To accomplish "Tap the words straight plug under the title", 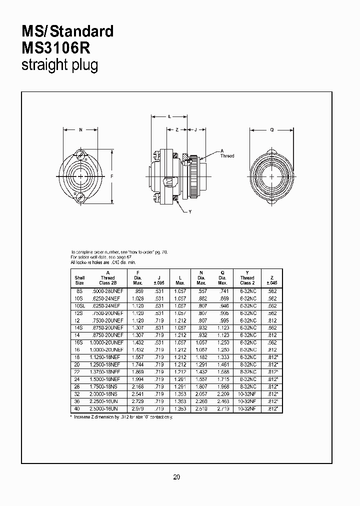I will pyautogui.click(x=59, y=65).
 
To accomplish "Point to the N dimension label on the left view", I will pyautogui.click(x=81, y=130).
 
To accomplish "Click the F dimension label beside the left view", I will pyautogui.click(x=111, y=176).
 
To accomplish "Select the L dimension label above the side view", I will pyautogui.click(x=169, y=116).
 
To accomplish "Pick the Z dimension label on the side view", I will pyautogui.click(x=177, y=130).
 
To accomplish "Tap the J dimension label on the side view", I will pyautogui.click(x=195, y=130).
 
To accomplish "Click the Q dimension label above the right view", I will pyautogui.click(x=271, y=130).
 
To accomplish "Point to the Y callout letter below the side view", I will pyautogui.click(x=190, y=212).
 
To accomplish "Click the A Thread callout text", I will pyautogui.click(x=227, y=153).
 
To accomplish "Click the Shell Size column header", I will pyautogui.click(x=80, y=280).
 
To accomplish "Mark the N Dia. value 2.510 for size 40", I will pyautogui.click(x=201, y=409).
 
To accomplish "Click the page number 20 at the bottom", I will pyautogui.click(x=176, y=477).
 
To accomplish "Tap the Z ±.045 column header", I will pyautogui.click(x=271, y=280).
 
